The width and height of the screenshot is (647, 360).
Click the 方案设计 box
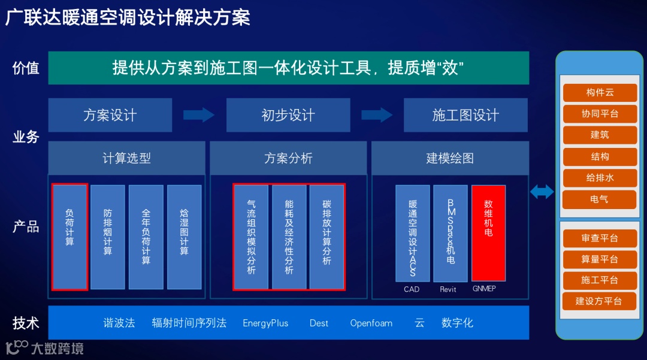coord(110,115)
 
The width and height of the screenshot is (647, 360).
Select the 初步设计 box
coord(288,115)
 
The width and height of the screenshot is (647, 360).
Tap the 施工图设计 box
coord(465,115)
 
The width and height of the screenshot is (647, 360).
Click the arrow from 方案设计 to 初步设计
coord(199,114)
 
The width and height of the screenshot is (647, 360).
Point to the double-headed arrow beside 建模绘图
coord(542,192)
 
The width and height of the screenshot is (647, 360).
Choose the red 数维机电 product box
coord(488,232)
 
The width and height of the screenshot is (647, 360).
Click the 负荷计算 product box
coord(70,236)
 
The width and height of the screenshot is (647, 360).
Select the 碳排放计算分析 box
coord(326,237)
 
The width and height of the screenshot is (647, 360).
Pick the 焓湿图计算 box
coord(185,236)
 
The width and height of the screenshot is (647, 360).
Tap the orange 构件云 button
coord(599,92)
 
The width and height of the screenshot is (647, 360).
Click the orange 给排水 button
coord(599,178)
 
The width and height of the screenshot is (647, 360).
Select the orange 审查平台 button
coord(599,238)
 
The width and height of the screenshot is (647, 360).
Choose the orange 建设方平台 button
coord(599,301)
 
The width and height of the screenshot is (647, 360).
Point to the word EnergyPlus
coord(265,323)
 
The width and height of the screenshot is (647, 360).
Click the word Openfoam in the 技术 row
coord(371,323)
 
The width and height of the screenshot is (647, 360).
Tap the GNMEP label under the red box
coord(484,289)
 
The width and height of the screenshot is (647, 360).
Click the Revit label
coord(448,289)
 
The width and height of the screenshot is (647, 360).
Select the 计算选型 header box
coord(126,158)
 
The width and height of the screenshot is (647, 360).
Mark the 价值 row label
coord(26,68)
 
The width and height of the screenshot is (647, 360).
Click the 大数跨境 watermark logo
coord(44,347)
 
